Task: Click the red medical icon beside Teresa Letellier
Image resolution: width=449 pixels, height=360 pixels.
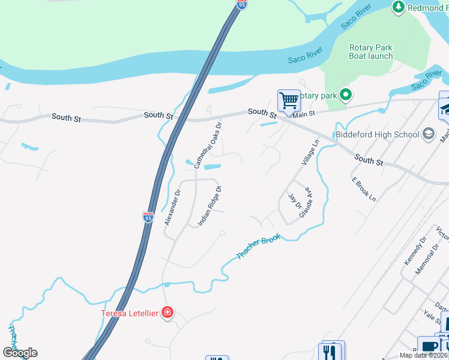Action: (x=167, y=312)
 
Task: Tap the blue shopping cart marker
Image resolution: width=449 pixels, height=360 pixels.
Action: (x=289, y=100)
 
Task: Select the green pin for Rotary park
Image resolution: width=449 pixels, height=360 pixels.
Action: (x=345, y=95)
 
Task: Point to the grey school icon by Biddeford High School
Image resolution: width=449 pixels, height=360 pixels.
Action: (x=429, y=133)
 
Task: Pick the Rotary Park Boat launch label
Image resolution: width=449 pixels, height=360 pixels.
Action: (x=371, y=52)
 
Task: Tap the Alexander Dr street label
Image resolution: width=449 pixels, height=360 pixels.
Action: (x=173, y=208)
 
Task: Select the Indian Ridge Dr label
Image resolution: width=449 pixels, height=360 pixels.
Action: (x=210, y=205)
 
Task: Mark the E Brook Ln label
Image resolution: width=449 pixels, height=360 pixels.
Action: (x=363, y=188)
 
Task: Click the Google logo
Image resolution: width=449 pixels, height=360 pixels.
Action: (x=20, y=353)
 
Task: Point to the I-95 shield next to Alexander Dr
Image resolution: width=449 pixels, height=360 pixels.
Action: (x=148, y=217)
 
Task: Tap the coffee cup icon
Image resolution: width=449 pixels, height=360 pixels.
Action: (x=430, y=347)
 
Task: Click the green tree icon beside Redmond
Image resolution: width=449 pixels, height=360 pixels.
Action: (x=398, y=7)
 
